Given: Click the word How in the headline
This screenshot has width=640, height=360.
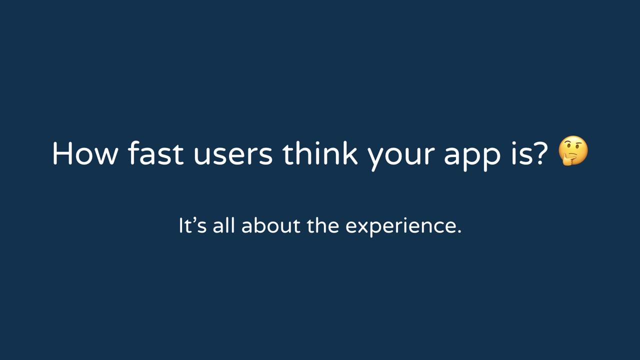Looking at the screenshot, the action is click(85, 153).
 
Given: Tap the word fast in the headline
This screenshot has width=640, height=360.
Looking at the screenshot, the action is click(155, 152).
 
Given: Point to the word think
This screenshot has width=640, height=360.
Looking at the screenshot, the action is click(320, 152).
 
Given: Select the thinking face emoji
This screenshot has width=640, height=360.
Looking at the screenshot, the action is click(573, 150).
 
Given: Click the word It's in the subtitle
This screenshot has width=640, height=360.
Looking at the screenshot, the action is click(192, 225).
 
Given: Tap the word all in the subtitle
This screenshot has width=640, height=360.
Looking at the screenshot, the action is click(223, 225).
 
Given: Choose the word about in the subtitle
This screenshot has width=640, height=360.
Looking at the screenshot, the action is click(270, 225).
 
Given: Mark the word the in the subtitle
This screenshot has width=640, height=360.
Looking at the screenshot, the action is click(323, 225).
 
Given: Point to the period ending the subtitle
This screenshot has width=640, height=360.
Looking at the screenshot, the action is click(459, 231).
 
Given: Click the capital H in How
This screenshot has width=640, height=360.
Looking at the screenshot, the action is click(62, 153).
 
